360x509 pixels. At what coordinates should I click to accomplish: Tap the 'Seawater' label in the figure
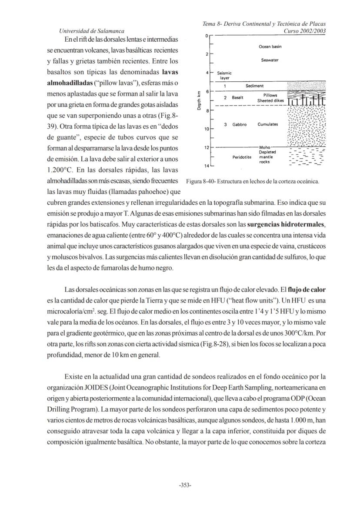270,60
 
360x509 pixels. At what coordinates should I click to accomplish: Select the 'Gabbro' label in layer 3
239,125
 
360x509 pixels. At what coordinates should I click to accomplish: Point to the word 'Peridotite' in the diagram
243,157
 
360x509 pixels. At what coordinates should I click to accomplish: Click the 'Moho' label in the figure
265,148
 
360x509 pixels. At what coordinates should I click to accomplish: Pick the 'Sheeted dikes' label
270,100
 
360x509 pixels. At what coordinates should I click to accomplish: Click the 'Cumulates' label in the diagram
268,125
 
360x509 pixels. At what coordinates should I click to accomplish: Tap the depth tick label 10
206,130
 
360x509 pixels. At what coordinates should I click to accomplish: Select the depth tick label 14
206,166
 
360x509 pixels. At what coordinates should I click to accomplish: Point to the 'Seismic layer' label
224,76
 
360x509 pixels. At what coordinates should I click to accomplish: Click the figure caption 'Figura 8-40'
203,181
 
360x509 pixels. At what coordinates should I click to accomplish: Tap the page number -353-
185,486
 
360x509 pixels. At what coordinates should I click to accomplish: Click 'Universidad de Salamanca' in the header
91,31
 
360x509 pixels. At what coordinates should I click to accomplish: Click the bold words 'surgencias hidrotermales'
286,224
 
